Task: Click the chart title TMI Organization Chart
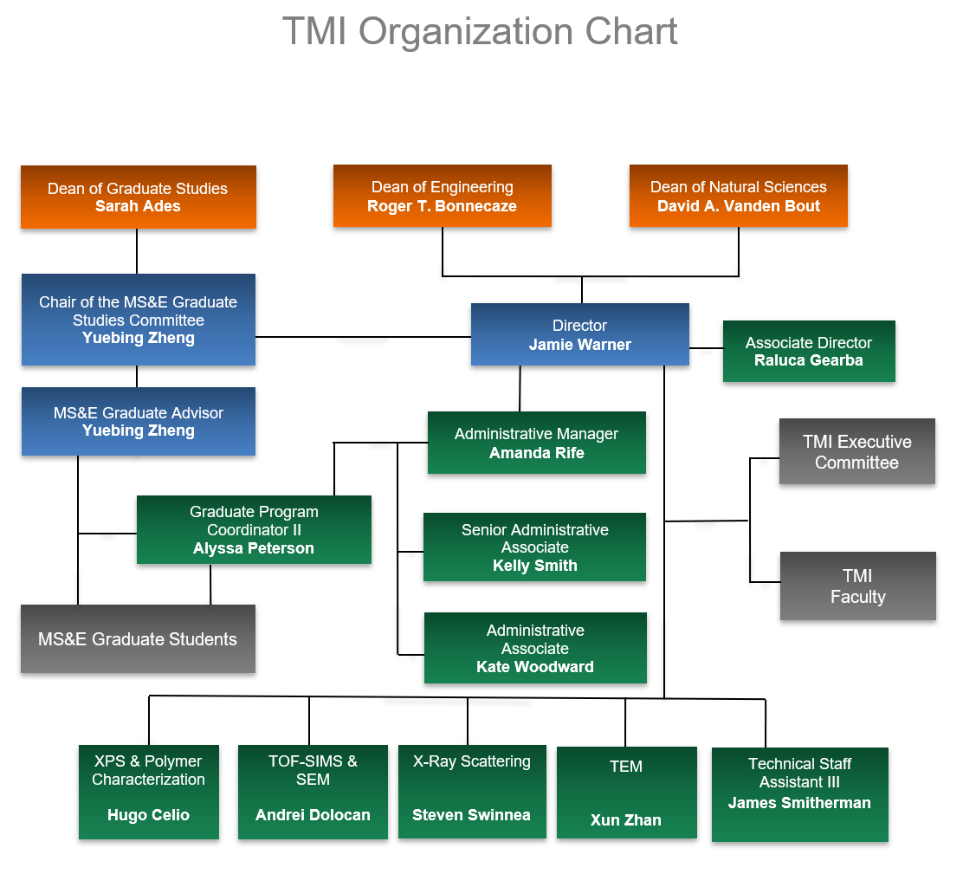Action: click(480, 33)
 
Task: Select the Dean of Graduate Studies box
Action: click(138, 197)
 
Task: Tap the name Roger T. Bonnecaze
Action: click(442, 206)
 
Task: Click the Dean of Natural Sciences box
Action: click(738, 196)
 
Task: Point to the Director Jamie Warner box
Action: click(579, 334)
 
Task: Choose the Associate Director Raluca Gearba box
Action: click(808, 351)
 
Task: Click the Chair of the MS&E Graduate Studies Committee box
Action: click(138, 320)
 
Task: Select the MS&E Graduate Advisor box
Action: click(138, 421)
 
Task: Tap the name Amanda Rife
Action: click(536, 452)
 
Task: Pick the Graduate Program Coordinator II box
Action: click(254, 529)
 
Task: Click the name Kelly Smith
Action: click(534, 566)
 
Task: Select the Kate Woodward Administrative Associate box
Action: click(534, 648)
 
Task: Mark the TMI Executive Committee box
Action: click(856, 451)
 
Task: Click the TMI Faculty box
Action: click(857, 586)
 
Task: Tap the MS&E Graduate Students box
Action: click(138, 639)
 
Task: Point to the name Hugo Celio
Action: click(148, 815)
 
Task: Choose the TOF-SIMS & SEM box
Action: click(313, 792)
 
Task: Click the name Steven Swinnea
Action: click(471, 815)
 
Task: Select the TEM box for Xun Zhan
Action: click(626, 793)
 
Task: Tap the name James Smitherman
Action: click(799, 803)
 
